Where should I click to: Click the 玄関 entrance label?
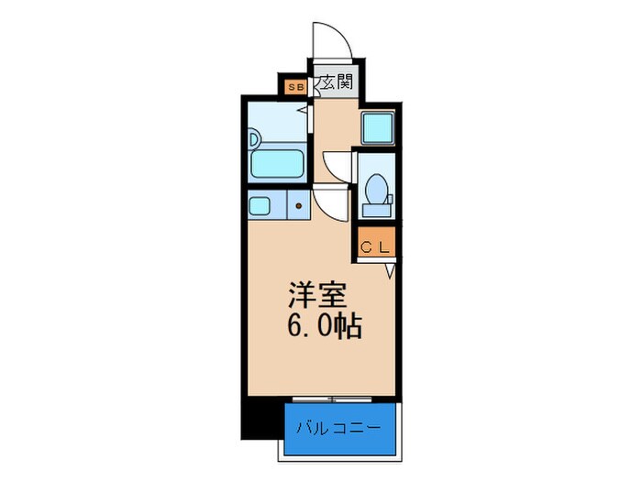click(337, 82)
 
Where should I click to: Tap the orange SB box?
click(296, 87)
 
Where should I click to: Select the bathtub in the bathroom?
click(277, 164)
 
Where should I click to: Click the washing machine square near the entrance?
click(378, 128)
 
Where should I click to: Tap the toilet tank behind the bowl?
click(377, 210)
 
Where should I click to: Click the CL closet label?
click(374, 247)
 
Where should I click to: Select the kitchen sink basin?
click(260, 206)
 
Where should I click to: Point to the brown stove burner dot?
click(299, 206)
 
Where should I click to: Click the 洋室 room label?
click(317, 295)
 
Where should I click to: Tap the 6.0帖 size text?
click(325, 326)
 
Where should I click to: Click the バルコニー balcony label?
click(339, 429)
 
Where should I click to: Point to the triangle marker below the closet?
click(390, 271)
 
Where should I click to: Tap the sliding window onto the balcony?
click(332, 399)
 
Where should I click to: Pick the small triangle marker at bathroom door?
click(304, 110)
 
